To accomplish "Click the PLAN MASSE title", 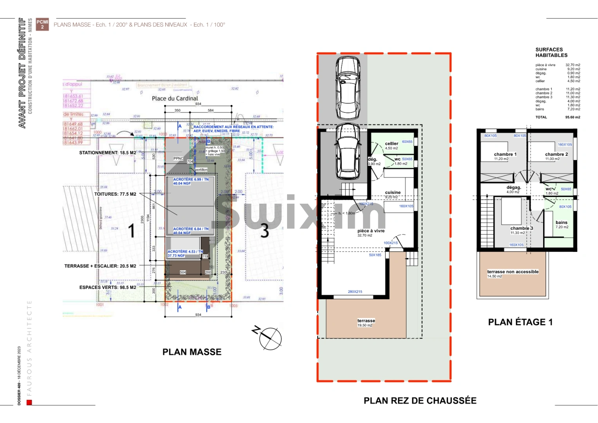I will (x=192, y=352).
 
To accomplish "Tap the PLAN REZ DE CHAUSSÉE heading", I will (x=420, y=401).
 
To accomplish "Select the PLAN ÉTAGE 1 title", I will (x=520, y=322).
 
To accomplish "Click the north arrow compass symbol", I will (x=269, y=338).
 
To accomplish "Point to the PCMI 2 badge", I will (x=42, y=24).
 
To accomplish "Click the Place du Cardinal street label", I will (x=175, y=98).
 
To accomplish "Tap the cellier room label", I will (x=391, y=144).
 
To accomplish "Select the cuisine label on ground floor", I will (x=393, y=192).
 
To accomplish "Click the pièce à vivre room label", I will (x=371, y=231).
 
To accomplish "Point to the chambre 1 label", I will (x=505, y=154).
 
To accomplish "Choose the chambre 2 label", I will (x=556, y=154).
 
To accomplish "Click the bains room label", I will (x=561, y=222).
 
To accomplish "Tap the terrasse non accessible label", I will (x=513, y=272).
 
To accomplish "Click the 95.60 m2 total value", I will (x=573, y=117).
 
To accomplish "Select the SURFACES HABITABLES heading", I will (x=551, y=52).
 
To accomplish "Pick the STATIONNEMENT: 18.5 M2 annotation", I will (x=108, y=153).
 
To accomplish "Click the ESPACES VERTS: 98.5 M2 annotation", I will (x=108, y=287).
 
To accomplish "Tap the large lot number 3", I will (x=265, y=231).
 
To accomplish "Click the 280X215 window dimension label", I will (x=355, y=292).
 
